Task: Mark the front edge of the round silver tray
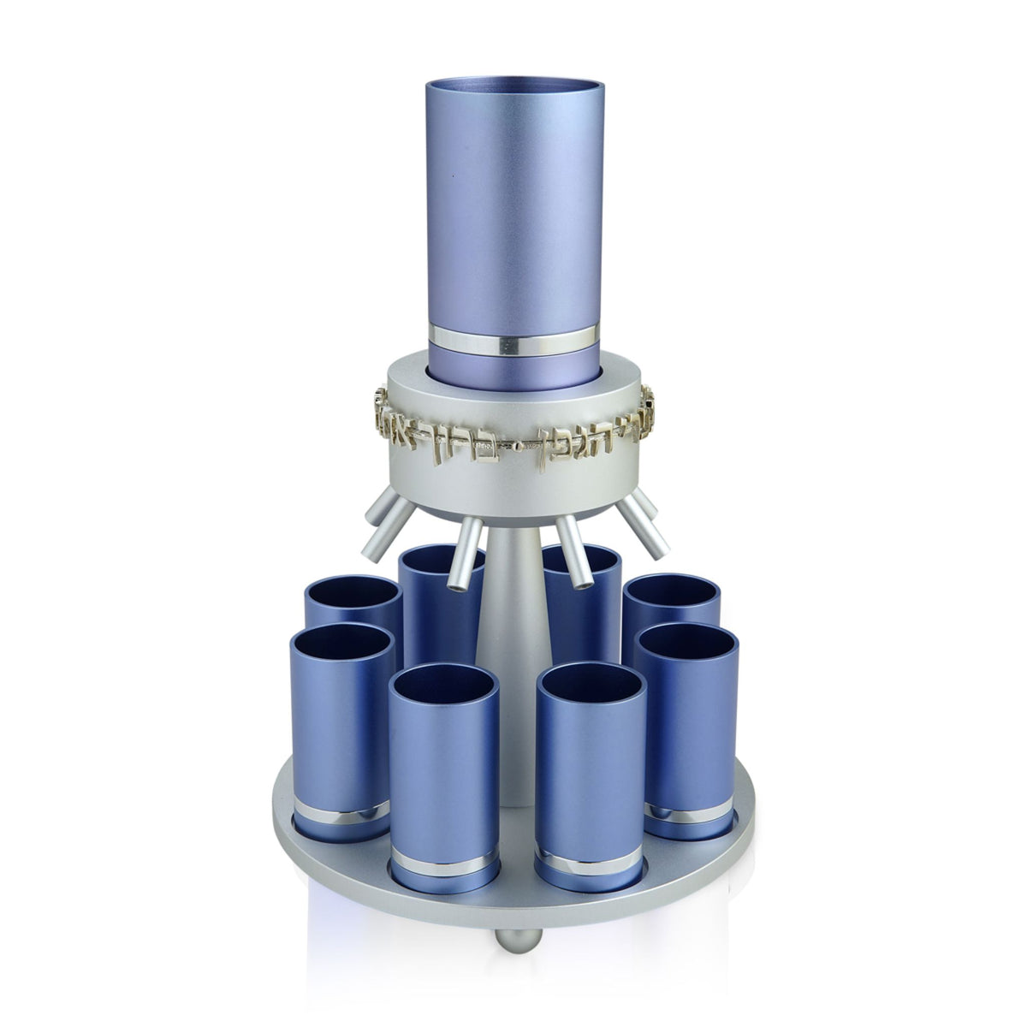513,907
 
